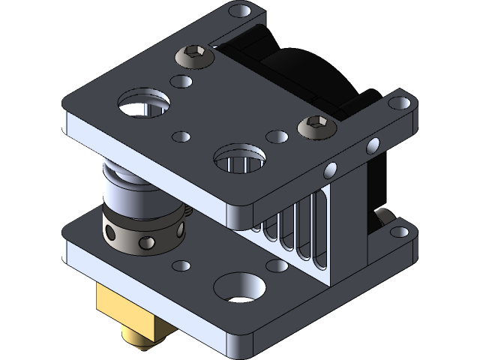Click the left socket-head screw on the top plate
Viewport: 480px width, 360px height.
[193, 55]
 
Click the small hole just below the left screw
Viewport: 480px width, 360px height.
[181, 80]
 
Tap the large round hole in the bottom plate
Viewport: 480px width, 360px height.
[239, 288]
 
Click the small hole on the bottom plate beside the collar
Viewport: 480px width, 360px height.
[181, 266]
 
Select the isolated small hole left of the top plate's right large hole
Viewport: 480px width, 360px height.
[181, 136]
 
